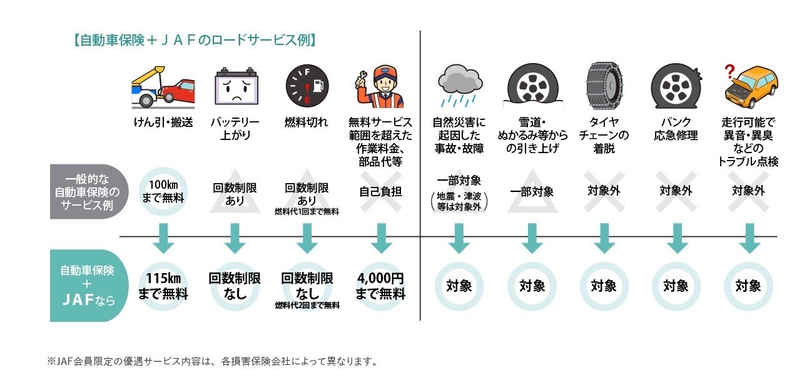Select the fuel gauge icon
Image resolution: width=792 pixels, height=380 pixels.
coord(307,87)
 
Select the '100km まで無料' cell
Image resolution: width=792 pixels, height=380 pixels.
coord(163,191)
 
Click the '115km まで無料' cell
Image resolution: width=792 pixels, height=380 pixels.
coord(163,286)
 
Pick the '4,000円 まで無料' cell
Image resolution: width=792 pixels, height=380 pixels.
coord(380,286)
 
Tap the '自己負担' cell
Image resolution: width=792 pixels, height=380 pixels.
coord(380,191)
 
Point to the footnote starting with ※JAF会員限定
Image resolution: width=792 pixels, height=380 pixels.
coord(213,361)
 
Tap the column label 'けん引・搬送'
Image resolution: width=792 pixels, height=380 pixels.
coord(163,122)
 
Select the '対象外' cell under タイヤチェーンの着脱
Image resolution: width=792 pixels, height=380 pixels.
coord(604,191)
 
